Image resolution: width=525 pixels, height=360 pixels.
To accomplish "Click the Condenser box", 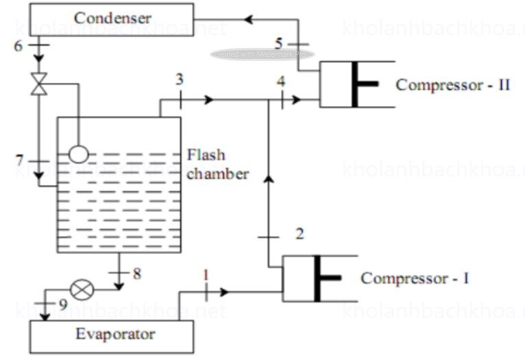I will pos(112,19).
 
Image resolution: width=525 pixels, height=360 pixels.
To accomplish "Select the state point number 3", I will pos(179,80).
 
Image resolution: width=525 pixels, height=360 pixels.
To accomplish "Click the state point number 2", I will pos(299,234).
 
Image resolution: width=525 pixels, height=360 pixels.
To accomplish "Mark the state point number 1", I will pos(204,275).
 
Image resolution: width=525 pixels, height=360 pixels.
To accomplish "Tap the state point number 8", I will pos(137,274).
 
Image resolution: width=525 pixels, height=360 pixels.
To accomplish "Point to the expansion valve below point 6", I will pos(39,84).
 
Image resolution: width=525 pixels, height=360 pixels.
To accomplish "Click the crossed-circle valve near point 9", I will pos(83,290).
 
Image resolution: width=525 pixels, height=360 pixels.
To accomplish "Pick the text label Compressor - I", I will pos(415,279).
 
